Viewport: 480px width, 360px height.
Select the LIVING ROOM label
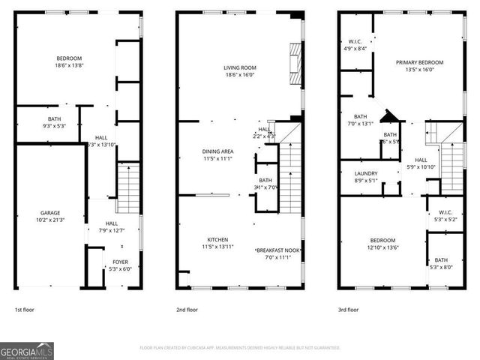coord(240,67)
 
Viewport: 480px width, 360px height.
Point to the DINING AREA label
coord(217,151)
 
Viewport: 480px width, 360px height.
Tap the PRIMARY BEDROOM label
coord(420,62)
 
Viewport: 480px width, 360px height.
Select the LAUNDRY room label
coord(366,173)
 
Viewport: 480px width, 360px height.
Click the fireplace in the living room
coord(295,66)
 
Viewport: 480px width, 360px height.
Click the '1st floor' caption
coord(25,309)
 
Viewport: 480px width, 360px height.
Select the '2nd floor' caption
coord(187,309)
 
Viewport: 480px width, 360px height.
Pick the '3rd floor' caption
coord(348,309)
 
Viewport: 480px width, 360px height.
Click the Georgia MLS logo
coord(27,350)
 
